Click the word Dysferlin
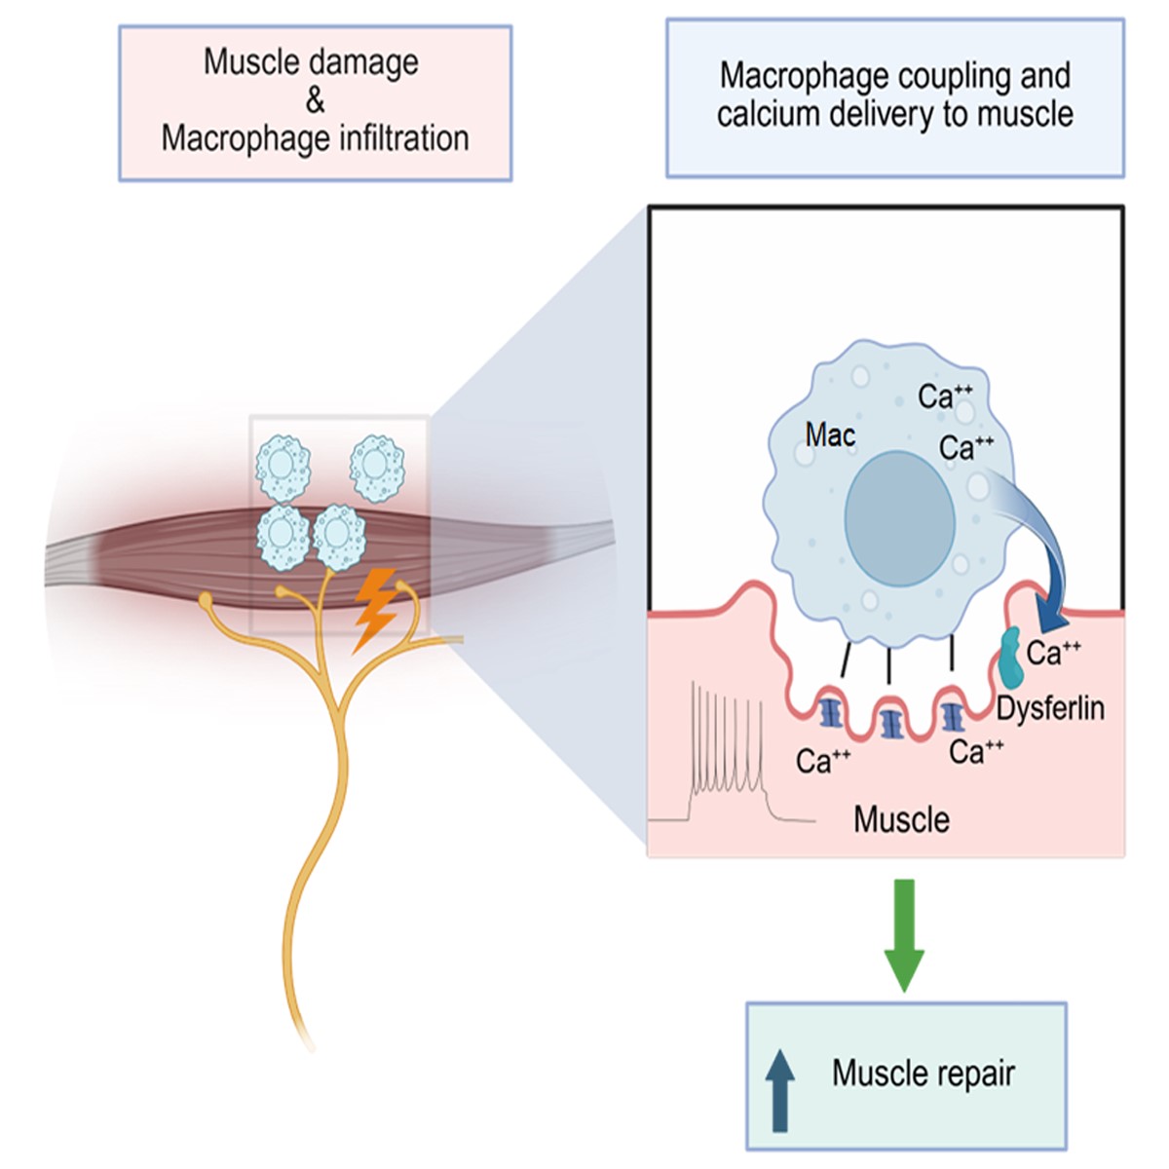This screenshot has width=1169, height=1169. [1050, 708]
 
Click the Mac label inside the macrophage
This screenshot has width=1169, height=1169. [830, 434]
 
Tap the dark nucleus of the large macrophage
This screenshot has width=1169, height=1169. [899, 517]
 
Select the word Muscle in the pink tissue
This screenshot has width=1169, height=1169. [901, 819]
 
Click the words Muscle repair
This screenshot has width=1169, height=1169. [923, 1074]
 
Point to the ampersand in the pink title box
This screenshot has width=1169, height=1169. [315, 100]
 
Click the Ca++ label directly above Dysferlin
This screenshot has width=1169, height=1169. [1053, 652]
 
